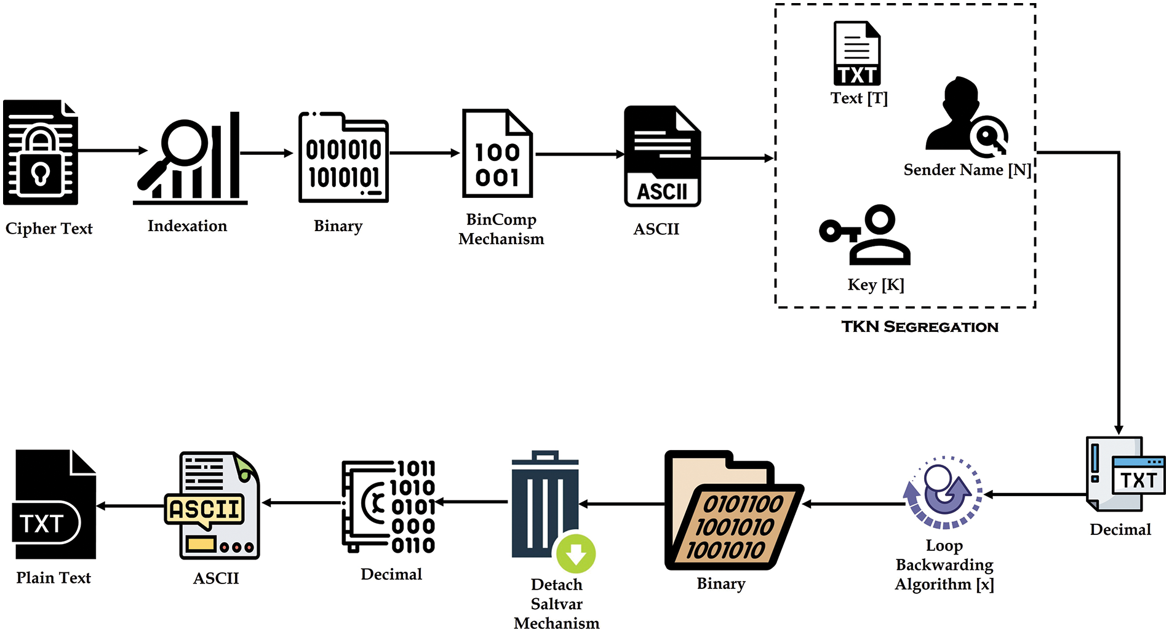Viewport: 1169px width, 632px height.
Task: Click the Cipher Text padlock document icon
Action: [x=41, y=152]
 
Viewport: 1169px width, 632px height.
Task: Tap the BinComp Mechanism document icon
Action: [x=497, y=154]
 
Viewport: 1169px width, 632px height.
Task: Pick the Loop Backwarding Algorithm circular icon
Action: [x=943, y=492]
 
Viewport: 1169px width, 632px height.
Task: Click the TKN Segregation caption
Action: [x=920, y=327]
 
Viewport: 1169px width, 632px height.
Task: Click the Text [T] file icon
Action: [x=857, y=53]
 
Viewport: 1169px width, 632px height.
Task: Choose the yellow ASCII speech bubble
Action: [x=204, y=510]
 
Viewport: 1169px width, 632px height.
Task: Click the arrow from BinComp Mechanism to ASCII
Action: [x=579, y=154]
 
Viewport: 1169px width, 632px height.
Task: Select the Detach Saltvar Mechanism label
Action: [x=556, y=604]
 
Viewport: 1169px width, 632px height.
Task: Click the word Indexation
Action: [x=187, y=226]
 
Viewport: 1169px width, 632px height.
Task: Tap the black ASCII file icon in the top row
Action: [x=662, y=156]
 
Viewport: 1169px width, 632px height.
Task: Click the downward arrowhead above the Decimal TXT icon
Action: [x=1119, y=429]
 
